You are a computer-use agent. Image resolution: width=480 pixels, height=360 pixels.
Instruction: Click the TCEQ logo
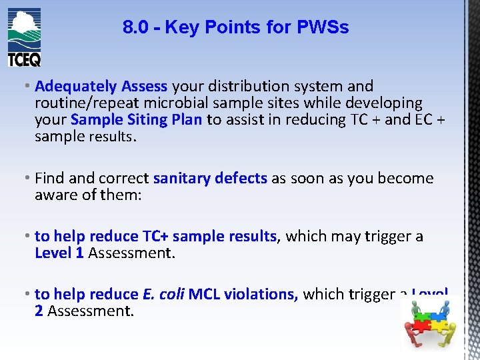(x=25, y=37)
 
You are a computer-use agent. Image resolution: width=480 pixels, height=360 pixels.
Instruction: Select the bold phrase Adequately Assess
(x=101, y=86)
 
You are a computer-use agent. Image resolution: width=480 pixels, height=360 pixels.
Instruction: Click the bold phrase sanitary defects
(x=210, y=179)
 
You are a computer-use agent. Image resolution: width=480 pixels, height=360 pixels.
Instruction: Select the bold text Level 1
(x=59, y=253)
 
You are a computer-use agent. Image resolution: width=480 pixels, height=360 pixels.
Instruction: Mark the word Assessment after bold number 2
(x=91, y=311)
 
